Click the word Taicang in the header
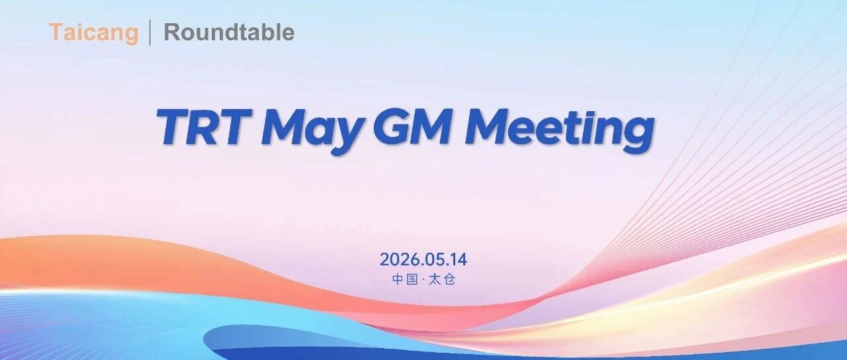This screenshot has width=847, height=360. (93, 33)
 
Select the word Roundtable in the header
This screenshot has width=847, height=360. (229, 32)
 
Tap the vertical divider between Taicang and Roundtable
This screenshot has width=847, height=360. (150, 33)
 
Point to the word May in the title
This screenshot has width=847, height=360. (314, 131)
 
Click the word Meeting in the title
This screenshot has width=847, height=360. (560, 131)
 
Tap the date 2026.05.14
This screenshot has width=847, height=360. (423, 260)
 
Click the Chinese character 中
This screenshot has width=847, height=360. (398, 279)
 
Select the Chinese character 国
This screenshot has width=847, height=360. (412, 279)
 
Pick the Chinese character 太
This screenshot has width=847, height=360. (435, 279)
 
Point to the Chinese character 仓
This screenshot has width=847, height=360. (449, 279)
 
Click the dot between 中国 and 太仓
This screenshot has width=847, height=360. (423, 279)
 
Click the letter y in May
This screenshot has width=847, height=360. (348, 137)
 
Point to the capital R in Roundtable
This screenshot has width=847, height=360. (172, 32)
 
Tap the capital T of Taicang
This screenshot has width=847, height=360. (57, 32)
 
